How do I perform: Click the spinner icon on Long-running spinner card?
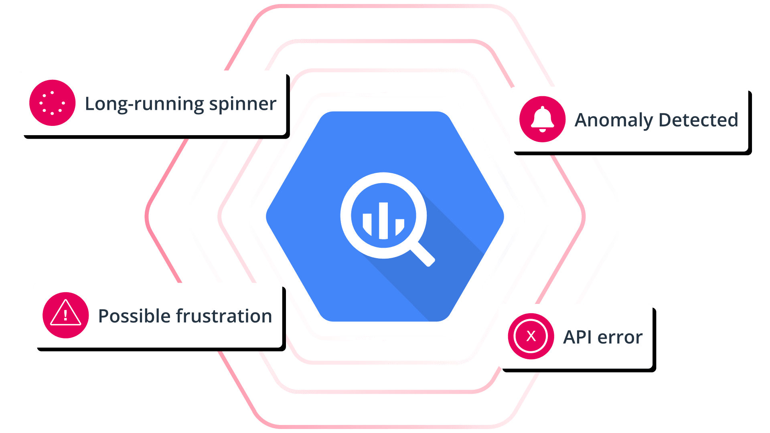(x=52, y=103)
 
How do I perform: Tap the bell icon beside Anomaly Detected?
(x=542, y=119)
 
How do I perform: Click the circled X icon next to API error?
(x=531, y=336)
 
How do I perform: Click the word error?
(x=620, y=337)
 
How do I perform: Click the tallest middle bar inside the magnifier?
(x=384, y=221)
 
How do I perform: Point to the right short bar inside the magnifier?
(x=399, y=226)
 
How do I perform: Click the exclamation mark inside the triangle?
(x=65, y=316)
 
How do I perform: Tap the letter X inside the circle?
(x=531, y=336)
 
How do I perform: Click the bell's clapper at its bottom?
(x=542, y=130)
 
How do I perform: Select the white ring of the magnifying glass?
(x=346, y=216)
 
